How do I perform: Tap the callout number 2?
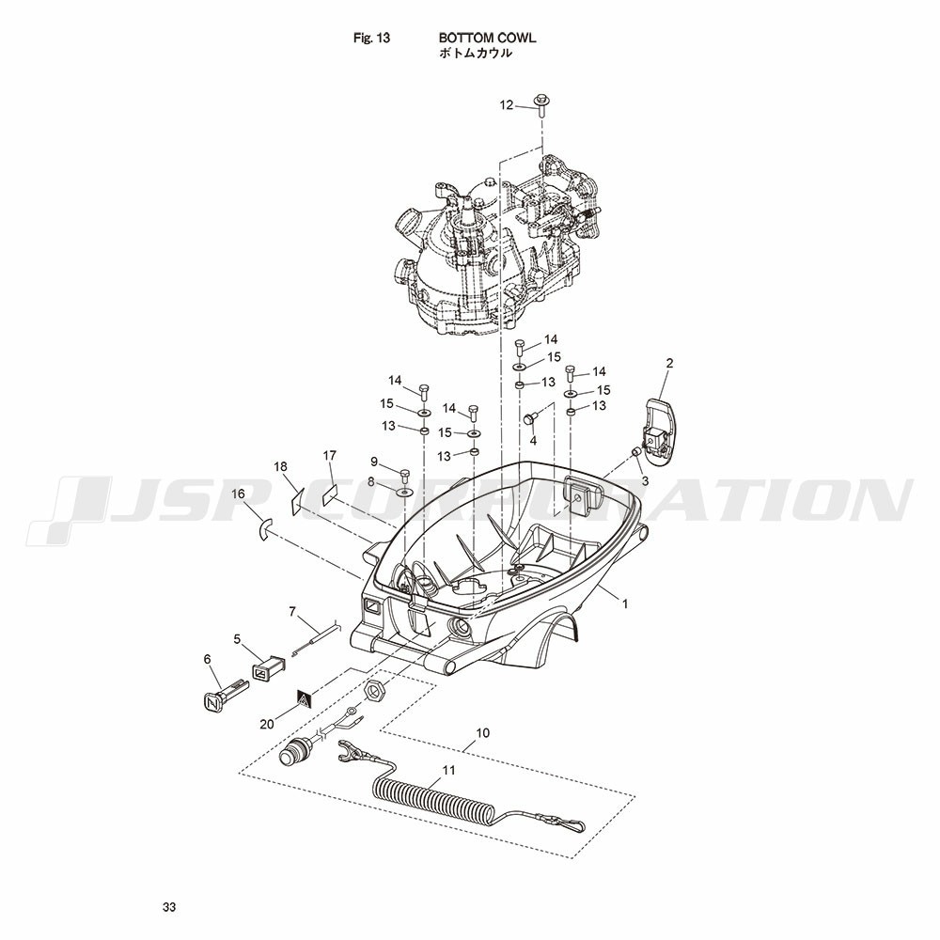tap(669, 363)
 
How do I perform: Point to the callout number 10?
tap(482, 732)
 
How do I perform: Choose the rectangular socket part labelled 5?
tap(267, 667)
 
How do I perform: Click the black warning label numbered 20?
tap(305, 699)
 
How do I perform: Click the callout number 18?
tap(280, 466)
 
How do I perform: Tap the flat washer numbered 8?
tap(404, 493)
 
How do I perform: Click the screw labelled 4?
tap(530, 418)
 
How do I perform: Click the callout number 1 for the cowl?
tap(625, 604)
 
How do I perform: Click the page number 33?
tap(169, 907)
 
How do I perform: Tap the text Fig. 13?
tap(371, 39)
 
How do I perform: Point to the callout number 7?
tap(292, 612)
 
